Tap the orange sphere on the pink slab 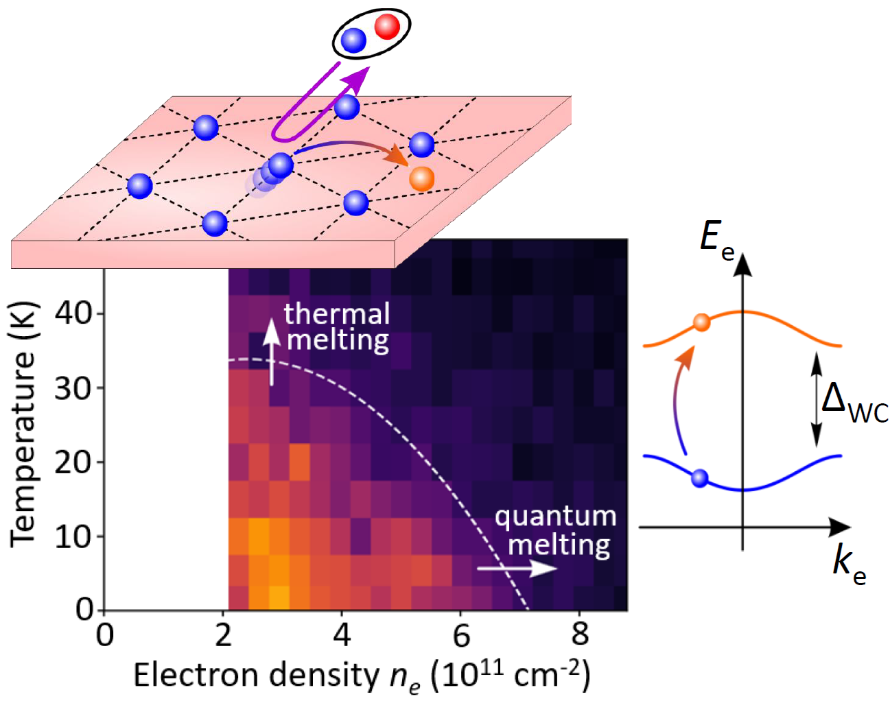(x=421, y=178)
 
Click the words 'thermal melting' (x=337, y=326)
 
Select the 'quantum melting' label (x=556, y=530)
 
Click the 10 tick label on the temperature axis (x=75, y=536)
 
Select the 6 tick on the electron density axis (x=461, y=635)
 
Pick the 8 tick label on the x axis (x=580, y=635)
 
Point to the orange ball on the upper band (x=701, y=322)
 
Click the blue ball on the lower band (x=699, y=478)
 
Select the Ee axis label (x=716, y=240)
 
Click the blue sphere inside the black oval (x=353, y=40)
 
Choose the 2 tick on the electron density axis (x=224, y=635)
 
